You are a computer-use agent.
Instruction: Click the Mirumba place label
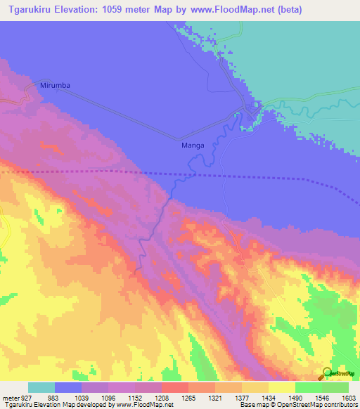[56, 85]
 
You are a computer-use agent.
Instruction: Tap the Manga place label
[193, 145]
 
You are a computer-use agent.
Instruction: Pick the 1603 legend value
[349, 397]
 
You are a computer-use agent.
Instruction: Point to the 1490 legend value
[296, 397]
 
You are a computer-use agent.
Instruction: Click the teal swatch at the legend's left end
[41, 387]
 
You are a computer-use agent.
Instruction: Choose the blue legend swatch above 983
[68, 387]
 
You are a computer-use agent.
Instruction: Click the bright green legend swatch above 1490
[308, 387]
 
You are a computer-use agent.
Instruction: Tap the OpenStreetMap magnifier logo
[326, 374]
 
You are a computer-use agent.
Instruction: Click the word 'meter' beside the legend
[10, 397]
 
